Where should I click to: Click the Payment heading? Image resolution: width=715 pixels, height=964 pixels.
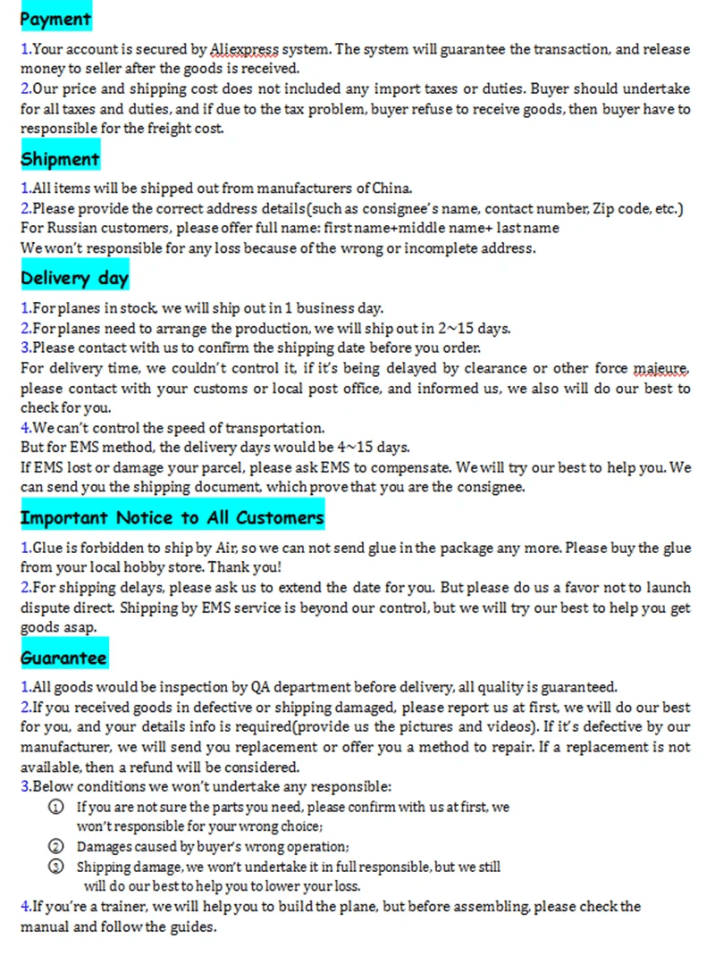55,19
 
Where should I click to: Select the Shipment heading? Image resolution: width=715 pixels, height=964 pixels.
60,160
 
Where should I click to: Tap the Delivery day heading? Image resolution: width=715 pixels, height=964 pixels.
74,279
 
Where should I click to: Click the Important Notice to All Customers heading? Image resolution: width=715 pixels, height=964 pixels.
172,518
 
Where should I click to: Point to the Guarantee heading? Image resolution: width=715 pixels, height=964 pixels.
63,658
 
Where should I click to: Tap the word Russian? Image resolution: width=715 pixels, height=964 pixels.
69,228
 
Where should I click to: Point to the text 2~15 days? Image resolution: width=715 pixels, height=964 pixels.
479,329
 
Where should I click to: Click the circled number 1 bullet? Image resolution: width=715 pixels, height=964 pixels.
56,807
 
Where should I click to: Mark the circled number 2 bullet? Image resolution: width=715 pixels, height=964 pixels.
56,846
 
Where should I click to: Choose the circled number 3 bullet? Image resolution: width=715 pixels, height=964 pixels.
56,867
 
